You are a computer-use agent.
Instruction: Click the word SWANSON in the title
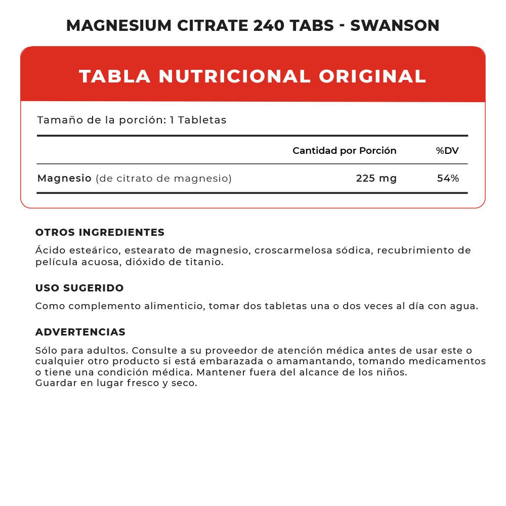(395, 25)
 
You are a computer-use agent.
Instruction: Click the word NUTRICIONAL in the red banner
(234, 76)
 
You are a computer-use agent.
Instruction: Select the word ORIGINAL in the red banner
(372, 76)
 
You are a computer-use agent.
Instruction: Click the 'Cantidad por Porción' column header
(345, 151)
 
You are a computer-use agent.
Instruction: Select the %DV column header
(447, 151)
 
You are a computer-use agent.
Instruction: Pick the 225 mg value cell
(376, 178)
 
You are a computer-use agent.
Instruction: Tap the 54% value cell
(448, 178)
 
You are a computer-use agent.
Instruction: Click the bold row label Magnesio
(64, 178)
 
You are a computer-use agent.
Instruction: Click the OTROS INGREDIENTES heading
(100, 232)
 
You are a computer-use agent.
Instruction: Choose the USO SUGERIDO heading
(79, 288)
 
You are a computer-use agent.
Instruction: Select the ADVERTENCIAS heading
(80, 332)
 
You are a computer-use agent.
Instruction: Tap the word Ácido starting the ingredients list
(49, 250)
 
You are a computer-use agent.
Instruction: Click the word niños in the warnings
(392, 372)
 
